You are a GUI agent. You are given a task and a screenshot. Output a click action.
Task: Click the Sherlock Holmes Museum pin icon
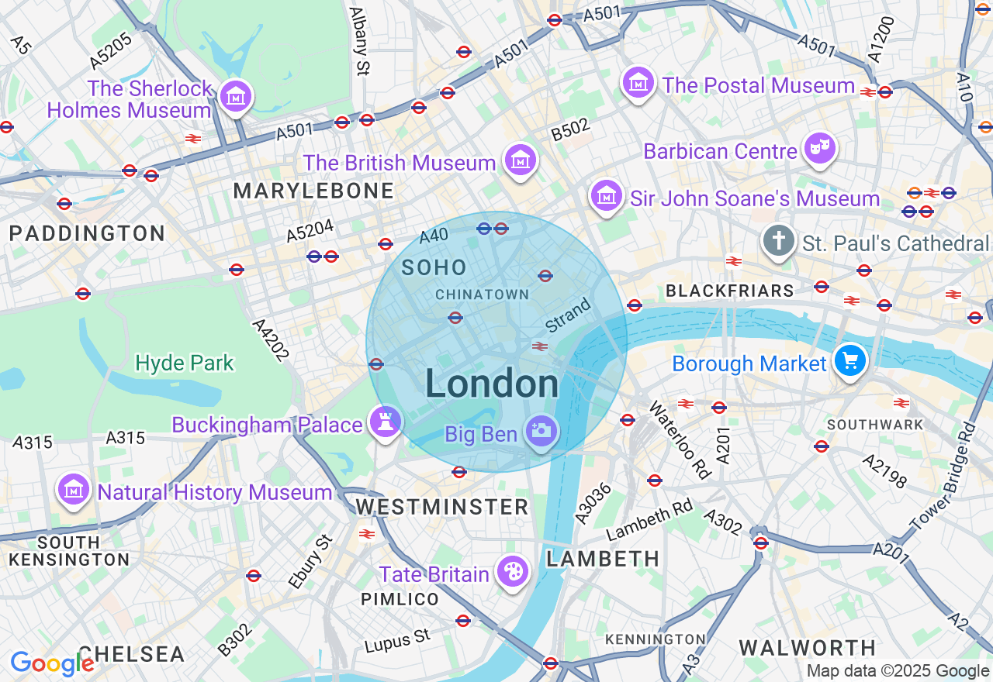(x=234, y=97)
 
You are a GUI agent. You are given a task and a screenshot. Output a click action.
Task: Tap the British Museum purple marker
(x=520, y=160)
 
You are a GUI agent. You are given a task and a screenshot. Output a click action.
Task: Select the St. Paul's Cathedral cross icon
(x=778, y=241)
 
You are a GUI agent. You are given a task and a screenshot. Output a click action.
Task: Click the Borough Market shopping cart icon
(x=850, y=360)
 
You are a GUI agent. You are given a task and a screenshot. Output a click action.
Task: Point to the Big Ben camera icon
(x=541, y=431)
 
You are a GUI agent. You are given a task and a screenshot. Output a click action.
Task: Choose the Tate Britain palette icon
(x=512, y=573)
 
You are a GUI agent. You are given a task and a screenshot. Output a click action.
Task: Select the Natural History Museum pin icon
(x=74, y=490)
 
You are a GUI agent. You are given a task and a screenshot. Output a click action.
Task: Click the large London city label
(x=492, y=384)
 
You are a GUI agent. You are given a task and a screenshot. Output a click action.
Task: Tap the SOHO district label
(x=434, y=268)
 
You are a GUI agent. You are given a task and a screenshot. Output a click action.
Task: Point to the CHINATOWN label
(x=482, y=294)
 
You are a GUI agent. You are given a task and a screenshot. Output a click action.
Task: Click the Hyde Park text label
(x=185, y=363)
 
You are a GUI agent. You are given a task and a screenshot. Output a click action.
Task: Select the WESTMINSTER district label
(x=442, y=508)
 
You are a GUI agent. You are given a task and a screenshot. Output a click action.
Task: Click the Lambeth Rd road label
(x=649, y=519)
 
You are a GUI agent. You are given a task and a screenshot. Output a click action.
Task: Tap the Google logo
(x=52, y=663)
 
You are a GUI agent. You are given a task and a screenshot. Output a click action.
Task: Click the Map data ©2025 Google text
(x=898, y=671)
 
